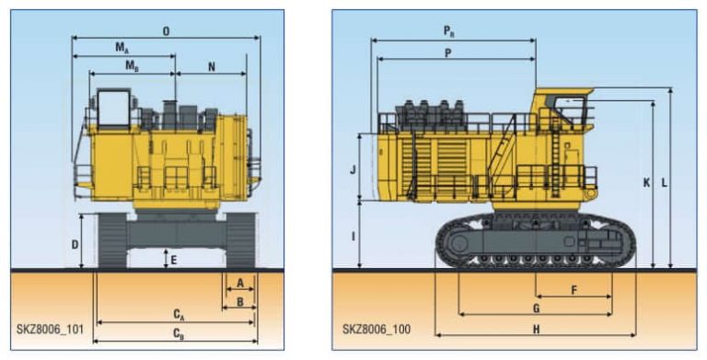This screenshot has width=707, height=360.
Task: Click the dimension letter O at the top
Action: pos(166,30)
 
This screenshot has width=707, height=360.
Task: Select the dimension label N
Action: pos(212,66)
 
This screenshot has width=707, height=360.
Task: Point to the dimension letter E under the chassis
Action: pos(173,260)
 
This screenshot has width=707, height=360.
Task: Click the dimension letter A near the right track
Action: pos(239,284)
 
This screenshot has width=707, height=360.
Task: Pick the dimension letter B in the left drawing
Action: pos(239,301)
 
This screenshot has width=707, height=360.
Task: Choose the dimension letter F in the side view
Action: pos(574,290)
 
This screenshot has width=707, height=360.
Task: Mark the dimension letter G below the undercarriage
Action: pos(536,308)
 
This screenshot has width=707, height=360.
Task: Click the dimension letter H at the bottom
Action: pos(536,329)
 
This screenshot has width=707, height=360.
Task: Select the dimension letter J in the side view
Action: pos(353,169)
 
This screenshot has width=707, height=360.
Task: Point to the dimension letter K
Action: pos(647,183)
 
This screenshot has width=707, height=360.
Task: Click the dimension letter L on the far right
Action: pos(665,183)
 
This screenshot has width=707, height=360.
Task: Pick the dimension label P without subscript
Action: pos(447,52)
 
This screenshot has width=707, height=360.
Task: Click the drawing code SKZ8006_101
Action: pos(47,327)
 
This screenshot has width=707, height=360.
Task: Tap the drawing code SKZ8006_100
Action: pos(377,327)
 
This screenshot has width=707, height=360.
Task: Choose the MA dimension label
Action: pos(122,46)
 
